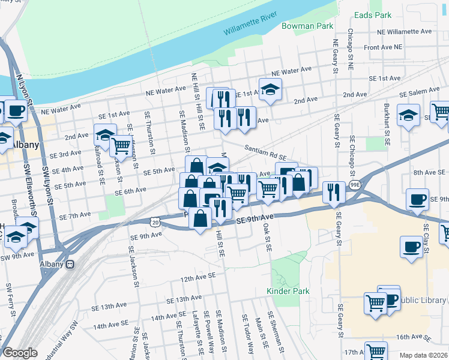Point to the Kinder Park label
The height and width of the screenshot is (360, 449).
(x=288, y=291)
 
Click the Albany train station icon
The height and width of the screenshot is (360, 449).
(x=70, y=264)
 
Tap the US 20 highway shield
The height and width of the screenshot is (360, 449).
(x=155, y=222)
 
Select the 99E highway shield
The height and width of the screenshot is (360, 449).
(x=355, y=187)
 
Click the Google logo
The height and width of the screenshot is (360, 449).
(x=20, y=352)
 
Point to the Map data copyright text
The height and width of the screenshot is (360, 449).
(x=423, y=355)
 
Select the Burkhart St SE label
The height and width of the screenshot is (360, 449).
(x=387, y=123)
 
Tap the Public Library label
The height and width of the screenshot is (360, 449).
(x=423, y=300)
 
